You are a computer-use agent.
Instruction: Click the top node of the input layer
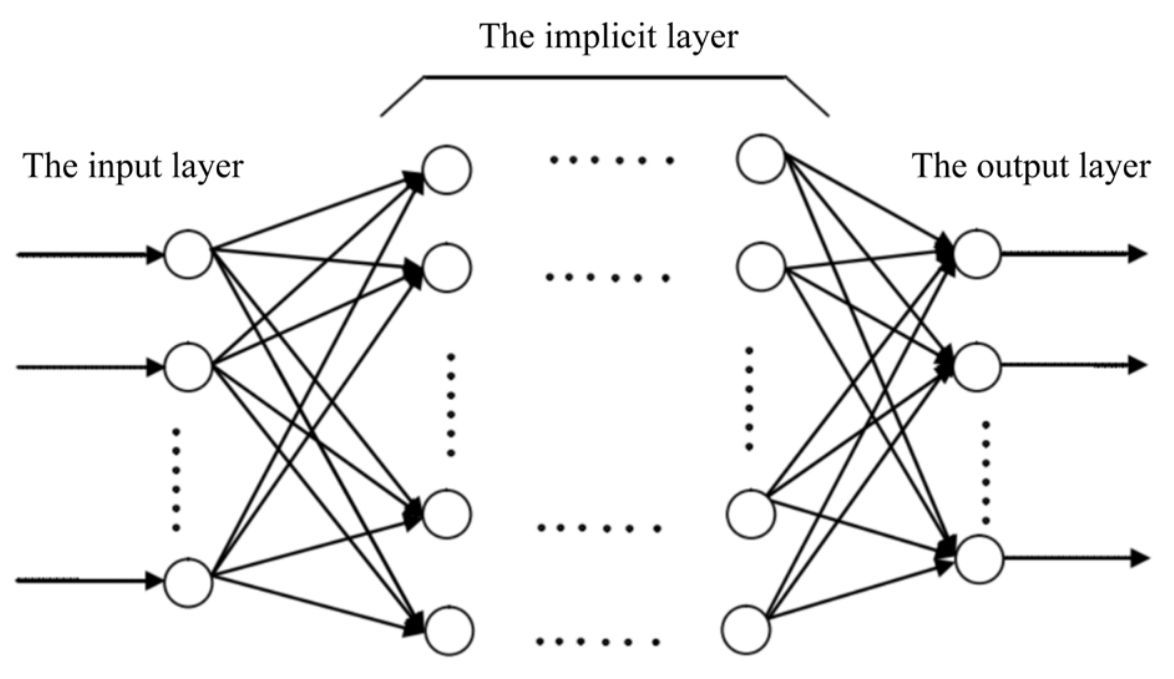pyautogui.click(x=188, y=254)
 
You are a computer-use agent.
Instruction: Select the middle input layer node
pyautogui.click(x=188, y=367)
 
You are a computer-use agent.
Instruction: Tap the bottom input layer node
pyautogui.click(x=188, y=582)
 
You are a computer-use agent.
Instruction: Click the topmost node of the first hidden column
pyautogui.click(x=447, y=170)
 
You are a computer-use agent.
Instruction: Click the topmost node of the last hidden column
pyautogui.click(x=760, y=159)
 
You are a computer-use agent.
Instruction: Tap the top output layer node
pyautogui.click(x=976, y=254)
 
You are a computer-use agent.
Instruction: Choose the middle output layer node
pyautogui.click(x=976, y=366)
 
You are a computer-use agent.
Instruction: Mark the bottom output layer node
pyautogui.click(x=980, y=559)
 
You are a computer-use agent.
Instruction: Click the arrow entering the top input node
pyautogui.click(x=87, y=254)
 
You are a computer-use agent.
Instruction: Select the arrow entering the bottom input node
pyautogui.click(x=87, y=581)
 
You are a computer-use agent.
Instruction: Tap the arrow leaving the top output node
pyautogui.click(x=1072, y=254)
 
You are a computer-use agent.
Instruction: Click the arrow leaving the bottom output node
pyautogui.click(x=1075, y=558)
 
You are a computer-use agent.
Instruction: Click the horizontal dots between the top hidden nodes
pyautogui.click(x=611, y=160)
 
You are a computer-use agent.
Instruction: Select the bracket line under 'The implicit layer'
pyautogui.click(x=604, y=77)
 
